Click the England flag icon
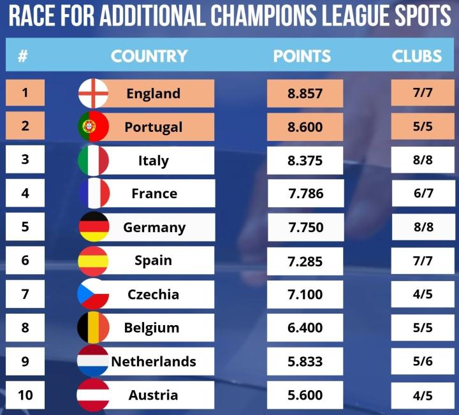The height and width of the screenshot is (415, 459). [x=93, y=93]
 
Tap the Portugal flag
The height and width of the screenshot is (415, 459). [x=93, y=126]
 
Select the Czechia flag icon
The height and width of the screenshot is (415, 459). [x=93, y=294]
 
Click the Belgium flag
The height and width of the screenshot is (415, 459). [x=93, y=328]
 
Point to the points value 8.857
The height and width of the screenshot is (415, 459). [x=305, y=94]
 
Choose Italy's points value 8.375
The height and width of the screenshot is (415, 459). [x=305, y=161]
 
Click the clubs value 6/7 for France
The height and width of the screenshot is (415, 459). [x=423, y=193]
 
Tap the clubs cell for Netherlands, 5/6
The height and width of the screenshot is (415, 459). [x=423, y=361]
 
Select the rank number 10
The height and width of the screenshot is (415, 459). [x=25, y=395]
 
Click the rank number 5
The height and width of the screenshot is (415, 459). [x=25, y=226]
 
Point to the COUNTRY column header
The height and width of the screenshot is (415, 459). [x=149, y=55]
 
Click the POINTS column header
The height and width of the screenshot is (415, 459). [x=302, y=55]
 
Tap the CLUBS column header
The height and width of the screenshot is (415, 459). [x=417, y=55]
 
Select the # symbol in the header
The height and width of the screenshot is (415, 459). [x=23, y=56]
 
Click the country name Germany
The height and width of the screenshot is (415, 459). [x=154, y=228]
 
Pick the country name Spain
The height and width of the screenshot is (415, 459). [x=153, y=260]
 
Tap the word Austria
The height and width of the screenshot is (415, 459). [x=153, y=395]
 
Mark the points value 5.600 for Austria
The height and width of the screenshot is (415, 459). [x=305, y=395]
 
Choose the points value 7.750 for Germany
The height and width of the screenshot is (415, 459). [x=305, y=228]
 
